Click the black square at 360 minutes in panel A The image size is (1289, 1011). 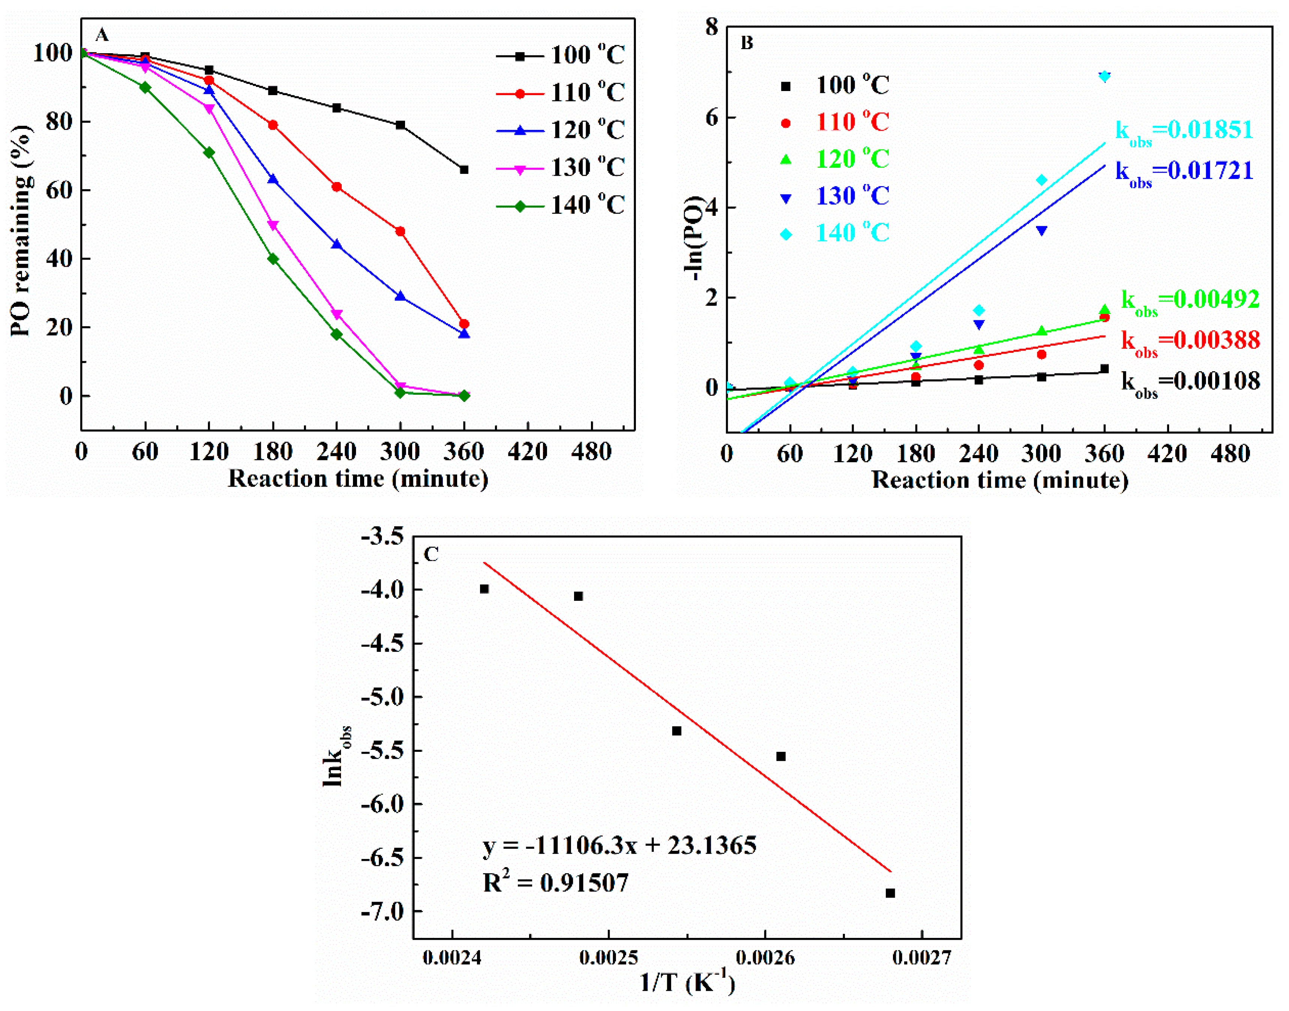[464, 170]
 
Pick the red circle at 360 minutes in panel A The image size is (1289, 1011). [464, 324]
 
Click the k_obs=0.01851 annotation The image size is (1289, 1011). [1184, 131]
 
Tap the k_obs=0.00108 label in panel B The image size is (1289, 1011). [1190, 382]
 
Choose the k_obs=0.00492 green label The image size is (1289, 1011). [1190, 301]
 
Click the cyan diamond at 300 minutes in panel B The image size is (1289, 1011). [1041, 180]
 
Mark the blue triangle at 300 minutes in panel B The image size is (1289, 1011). [1041, 231]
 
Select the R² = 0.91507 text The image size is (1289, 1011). [555, 883]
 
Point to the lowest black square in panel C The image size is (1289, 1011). [890, 893]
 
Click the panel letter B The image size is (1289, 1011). [747, 43]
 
